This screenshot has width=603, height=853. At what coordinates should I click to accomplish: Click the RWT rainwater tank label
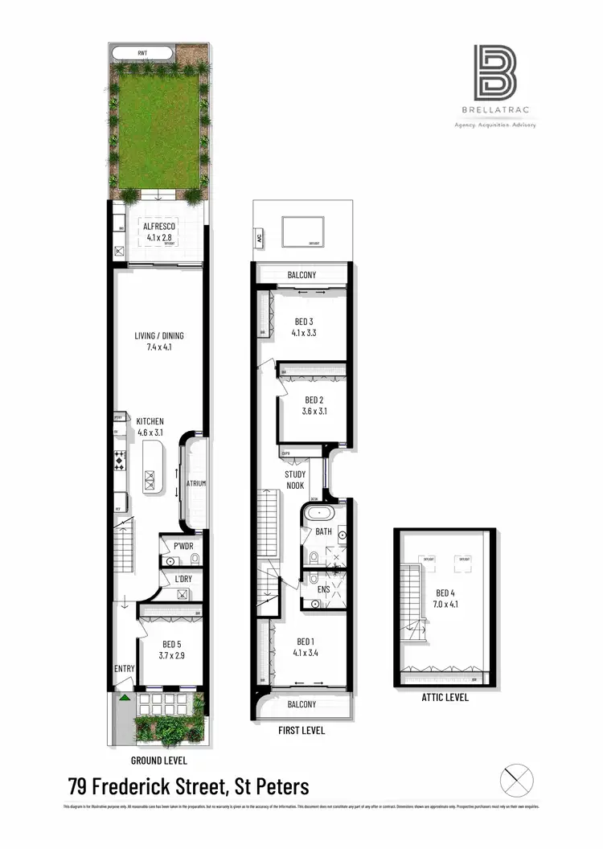point(142,55)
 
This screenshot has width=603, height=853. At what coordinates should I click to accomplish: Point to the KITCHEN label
point(150,421)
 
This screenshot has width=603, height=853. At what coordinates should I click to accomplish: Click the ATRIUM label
point(196,484)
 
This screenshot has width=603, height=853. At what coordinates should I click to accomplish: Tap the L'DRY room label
point(181,579)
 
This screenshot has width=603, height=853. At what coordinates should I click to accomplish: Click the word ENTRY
point(125,669)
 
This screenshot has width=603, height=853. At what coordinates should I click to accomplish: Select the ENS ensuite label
point(324,589)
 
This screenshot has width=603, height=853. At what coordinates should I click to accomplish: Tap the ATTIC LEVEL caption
point(444,698)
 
